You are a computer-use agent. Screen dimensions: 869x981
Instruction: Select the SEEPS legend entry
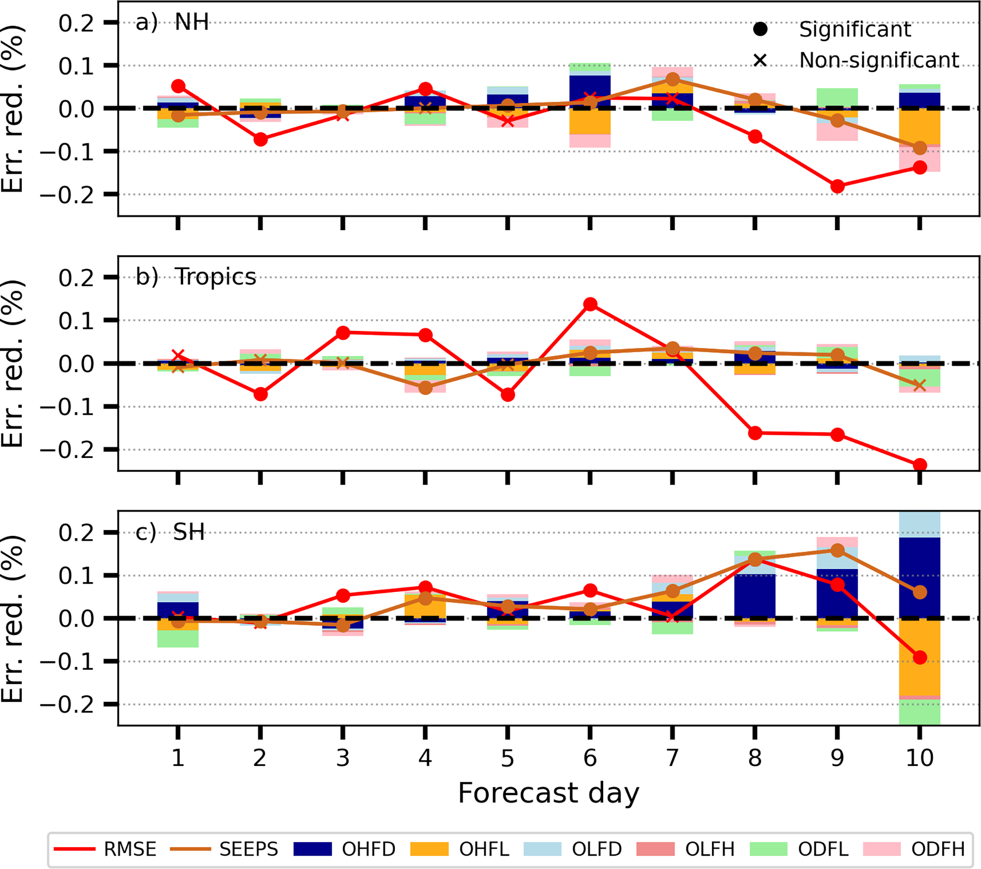[x=224, y=850]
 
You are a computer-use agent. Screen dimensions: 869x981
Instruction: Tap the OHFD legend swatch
[x=312, y=850]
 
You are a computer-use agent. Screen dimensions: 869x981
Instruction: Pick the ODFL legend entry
[x=799, y=850]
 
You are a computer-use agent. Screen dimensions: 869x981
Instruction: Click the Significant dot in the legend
[x=760, y=29]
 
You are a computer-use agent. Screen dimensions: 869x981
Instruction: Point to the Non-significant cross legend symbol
[x=760, y=60]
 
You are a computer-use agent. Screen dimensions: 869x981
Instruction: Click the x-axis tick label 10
[x=920, y=758]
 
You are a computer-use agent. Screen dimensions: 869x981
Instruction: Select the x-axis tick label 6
[x=590, y=758]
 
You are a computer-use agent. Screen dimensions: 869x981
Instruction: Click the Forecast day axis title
[x=549, y=793]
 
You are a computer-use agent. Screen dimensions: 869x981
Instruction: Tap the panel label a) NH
[x=172, y=22]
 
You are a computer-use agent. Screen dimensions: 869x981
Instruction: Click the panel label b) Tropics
[x=196, y=277]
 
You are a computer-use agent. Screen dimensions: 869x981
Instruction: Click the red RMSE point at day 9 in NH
[x=838, y=186]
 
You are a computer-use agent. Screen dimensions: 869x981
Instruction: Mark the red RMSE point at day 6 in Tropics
[x=590, y=304]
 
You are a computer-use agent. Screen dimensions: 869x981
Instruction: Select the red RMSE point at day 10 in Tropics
[x=920, y=465]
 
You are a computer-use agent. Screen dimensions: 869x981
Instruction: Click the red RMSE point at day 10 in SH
[x=920, y=657]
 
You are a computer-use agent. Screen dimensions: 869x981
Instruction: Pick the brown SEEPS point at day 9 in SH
[x=838, y=551]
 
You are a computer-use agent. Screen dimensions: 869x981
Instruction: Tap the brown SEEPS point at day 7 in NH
[x=673, y=79]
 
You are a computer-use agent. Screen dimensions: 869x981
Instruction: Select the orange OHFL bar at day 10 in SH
[x=920, y=657]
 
